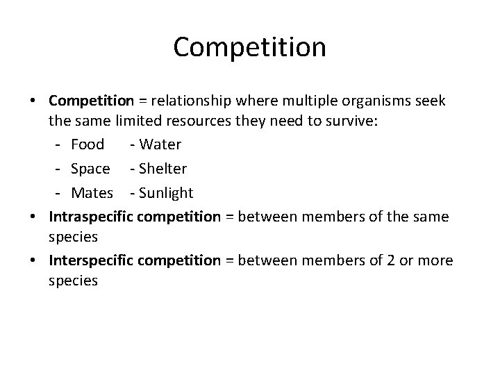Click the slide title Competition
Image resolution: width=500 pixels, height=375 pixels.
249,47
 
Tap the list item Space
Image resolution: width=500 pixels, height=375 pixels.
90,169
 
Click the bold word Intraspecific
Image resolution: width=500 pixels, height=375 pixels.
92,216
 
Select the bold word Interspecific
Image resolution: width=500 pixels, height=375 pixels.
92,260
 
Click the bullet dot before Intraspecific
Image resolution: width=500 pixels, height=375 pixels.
35,216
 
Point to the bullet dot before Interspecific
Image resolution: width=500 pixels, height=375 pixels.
35,260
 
